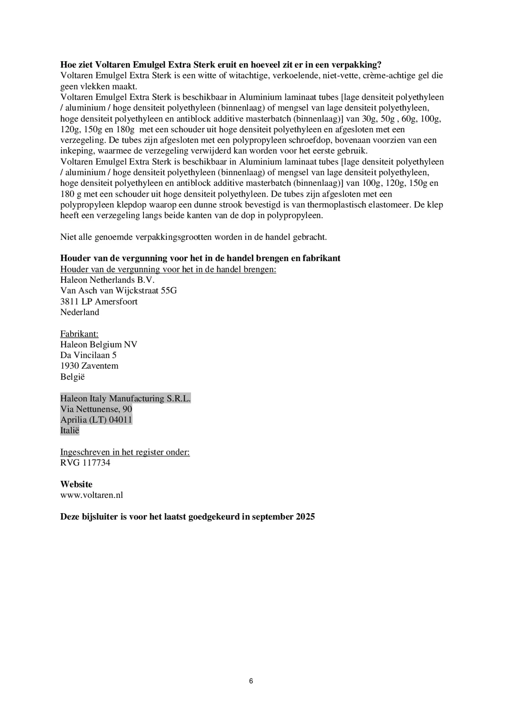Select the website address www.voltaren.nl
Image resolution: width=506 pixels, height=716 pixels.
(91, 495)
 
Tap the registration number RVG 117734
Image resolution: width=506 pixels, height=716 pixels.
(85, 463)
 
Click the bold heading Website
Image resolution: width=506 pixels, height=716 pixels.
(76, 484)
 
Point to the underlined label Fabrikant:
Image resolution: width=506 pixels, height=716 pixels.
(79, 334)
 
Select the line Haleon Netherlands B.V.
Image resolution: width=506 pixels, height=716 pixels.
(107, 280)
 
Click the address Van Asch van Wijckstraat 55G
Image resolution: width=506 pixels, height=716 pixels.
(118, 290)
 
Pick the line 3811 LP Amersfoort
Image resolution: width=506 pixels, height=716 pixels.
(99, 301)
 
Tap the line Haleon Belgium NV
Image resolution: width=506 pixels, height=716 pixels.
(99, 344)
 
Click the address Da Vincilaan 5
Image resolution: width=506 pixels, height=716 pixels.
(88, 355)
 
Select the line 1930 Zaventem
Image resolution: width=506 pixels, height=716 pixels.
(89, 366)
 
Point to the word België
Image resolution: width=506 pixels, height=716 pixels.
(72, 376)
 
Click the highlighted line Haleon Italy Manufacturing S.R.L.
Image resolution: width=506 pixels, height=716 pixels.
(125, 398)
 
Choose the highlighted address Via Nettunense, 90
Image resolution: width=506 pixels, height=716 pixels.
(96, 409)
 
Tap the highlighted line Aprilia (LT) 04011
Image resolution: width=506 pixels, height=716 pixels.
(96, 420)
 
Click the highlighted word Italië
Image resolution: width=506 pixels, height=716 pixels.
(70, 430)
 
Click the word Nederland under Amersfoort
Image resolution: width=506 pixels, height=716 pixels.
(80, 312)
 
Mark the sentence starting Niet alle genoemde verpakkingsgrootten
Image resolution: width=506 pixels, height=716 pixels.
(193, 237)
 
